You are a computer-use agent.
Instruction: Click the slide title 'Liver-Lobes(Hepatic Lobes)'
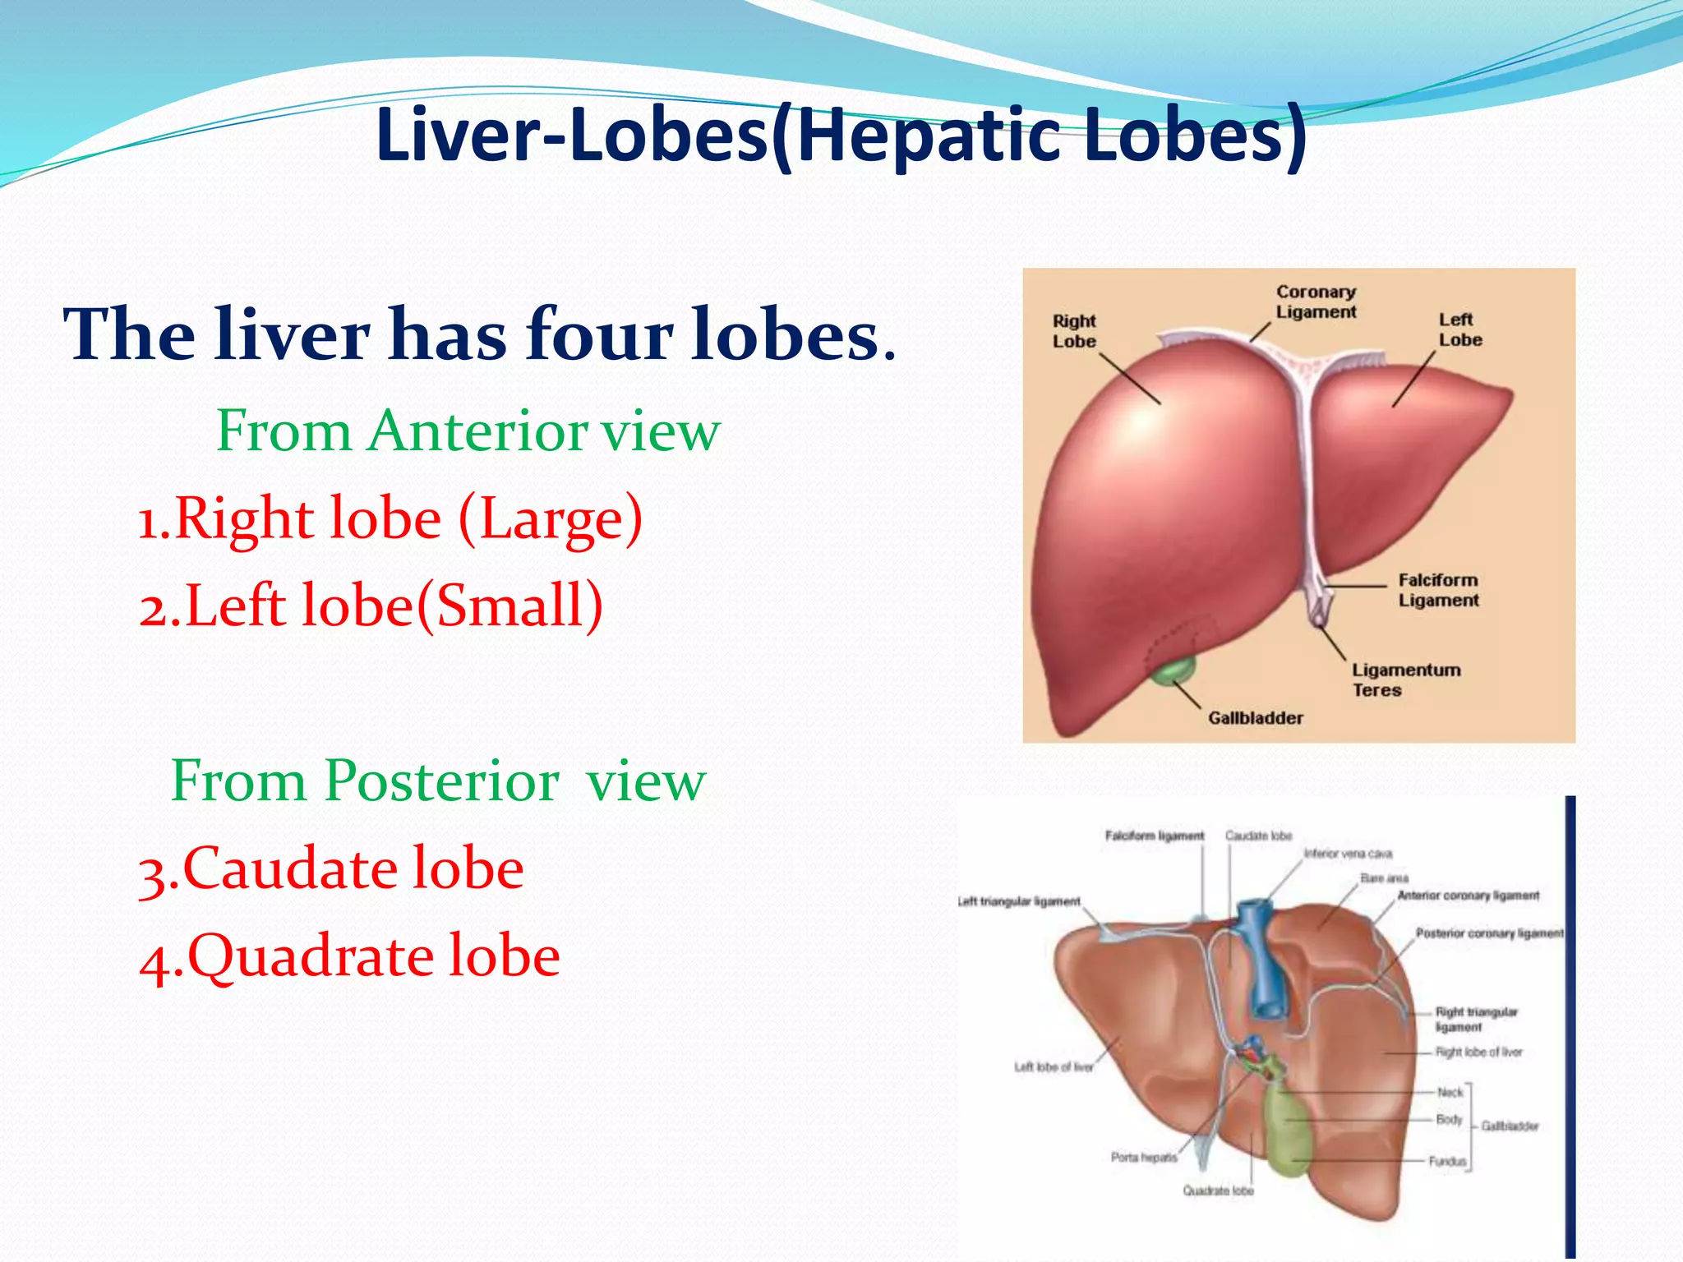point(840,136)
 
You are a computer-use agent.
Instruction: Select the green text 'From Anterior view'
point(468,431)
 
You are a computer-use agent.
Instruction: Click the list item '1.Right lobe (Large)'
point(390,518)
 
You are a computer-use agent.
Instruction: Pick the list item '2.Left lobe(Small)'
point(371,606)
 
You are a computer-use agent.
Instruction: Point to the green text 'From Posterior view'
point(437,781)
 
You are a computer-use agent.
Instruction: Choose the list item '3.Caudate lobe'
point(331,868)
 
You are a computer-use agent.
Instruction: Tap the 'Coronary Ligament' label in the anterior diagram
point(1316,302)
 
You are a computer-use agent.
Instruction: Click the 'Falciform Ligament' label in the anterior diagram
point(1438,590)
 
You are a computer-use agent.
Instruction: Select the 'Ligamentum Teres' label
point(1406,679)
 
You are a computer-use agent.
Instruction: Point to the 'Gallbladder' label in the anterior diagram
point(1255,718)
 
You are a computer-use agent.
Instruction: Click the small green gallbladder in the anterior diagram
point(1173,670)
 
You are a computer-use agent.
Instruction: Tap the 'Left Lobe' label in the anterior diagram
point(1459,329)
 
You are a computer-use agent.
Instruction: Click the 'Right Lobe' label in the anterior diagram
point(1074,330)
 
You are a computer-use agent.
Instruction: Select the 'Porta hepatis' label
point(1143,1157)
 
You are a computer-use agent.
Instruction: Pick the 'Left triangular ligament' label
point(1020,901)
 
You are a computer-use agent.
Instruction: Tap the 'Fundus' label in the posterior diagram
point(1446,1161)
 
